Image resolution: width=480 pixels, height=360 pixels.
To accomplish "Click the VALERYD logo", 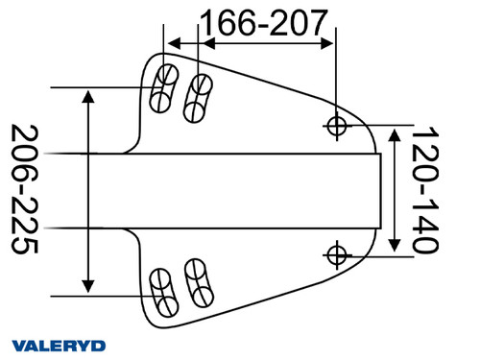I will [59, 345].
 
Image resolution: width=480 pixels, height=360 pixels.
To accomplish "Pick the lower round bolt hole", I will [336, 254].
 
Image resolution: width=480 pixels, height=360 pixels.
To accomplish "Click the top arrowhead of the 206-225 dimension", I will [88, 96].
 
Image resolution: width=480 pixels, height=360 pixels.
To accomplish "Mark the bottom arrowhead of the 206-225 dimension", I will [88, 285].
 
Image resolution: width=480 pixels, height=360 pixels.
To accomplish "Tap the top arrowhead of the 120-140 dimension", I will [392, 132].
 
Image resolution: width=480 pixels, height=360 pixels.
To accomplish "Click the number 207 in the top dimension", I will [299, 20].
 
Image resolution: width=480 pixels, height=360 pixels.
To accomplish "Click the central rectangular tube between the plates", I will [250, 190].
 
